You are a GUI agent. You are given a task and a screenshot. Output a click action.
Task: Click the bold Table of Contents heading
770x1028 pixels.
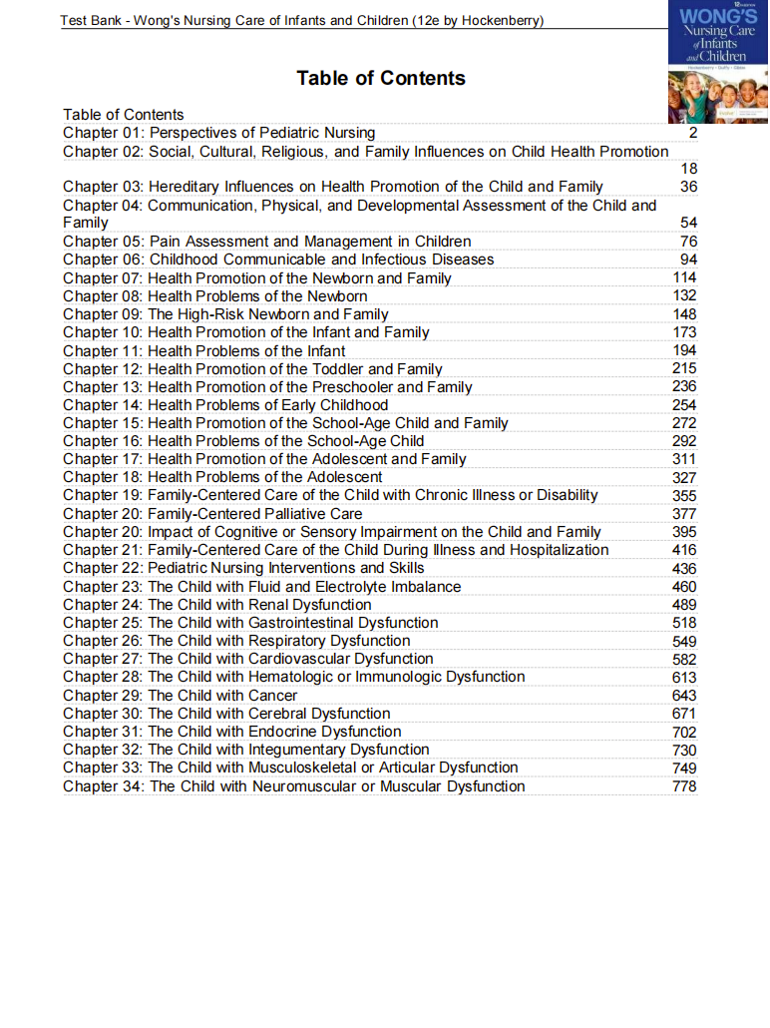point(380,78)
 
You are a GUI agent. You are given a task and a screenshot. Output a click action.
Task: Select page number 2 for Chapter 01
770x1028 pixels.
point(692,133)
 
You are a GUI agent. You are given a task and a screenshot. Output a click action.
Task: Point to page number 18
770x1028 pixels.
point(688,169)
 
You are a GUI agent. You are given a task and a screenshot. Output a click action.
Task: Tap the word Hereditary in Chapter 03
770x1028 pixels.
point(188,187)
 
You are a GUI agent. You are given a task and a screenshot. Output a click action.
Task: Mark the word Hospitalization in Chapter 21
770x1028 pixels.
point(559,550)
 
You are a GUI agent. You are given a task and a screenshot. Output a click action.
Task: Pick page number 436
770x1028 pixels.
point(684,569)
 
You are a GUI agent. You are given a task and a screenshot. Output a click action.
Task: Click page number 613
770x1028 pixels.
point(684,678)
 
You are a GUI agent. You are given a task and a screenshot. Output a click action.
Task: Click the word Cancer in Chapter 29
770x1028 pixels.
point(273,696)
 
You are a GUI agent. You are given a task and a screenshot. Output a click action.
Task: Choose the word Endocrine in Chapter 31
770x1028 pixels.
point(285,732)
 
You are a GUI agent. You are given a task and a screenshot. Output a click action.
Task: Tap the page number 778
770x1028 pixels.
point(684,786)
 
